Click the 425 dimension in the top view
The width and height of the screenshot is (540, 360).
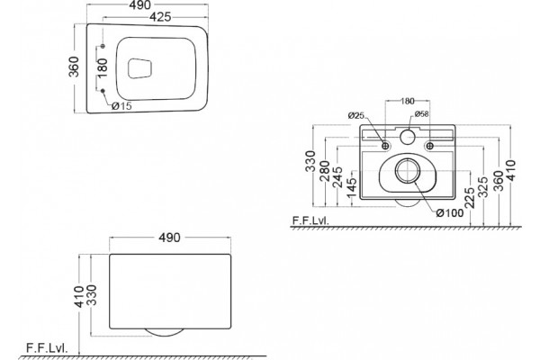click(160, 16)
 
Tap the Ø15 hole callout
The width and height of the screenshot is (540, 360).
click(121, 106)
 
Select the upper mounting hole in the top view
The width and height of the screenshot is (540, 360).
click(103, 46)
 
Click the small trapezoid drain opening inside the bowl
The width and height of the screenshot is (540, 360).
click(139, 68)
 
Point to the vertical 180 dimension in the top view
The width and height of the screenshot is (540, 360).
click(103, 67)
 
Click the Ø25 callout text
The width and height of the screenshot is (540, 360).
click(355, 115)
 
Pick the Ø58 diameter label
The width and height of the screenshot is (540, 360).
click(421, 113)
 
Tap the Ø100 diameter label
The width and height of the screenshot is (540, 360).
click(450, 213)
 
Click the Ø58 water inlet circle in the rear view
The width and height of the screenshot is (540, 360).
click(408, 137)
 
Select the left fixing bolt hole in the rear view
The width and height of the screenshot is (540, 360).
click(386, 146)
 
